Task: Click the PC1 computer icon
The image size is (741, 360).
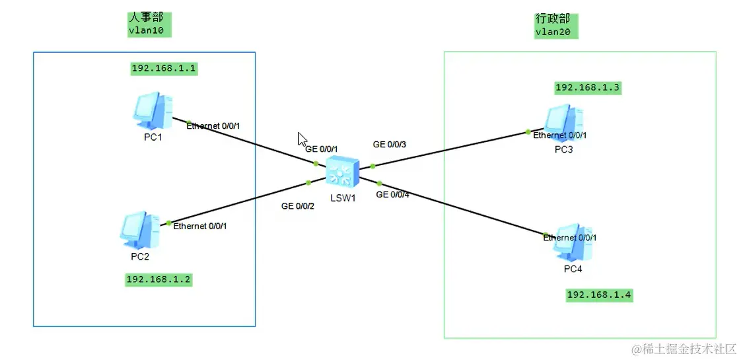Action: (153, 110)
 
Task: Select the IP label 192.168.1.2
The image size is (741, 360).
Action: (159, 279)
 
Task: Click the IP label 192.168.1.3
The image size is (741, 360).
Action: (588, 87)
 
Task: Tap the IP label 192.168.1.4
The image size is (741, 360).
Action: (600, 295)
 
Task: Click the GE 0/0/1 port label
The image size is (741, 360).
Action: (322, 149)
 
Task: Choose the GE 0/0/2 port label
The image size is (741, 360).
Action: (298, 206)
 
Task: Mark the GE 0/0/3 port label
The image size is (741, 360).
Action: (390, 144)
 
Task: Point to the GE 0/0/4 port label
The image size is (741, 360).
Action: (393, 195)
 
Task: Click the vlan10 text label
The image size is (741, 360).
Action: (145, 30)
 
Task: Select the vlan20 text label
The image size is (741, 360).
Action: (552, 31)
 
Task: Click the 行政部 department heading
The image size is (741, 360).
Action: (553, 18)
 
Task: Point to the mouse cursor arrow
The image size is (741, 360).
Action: (302, 139)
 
